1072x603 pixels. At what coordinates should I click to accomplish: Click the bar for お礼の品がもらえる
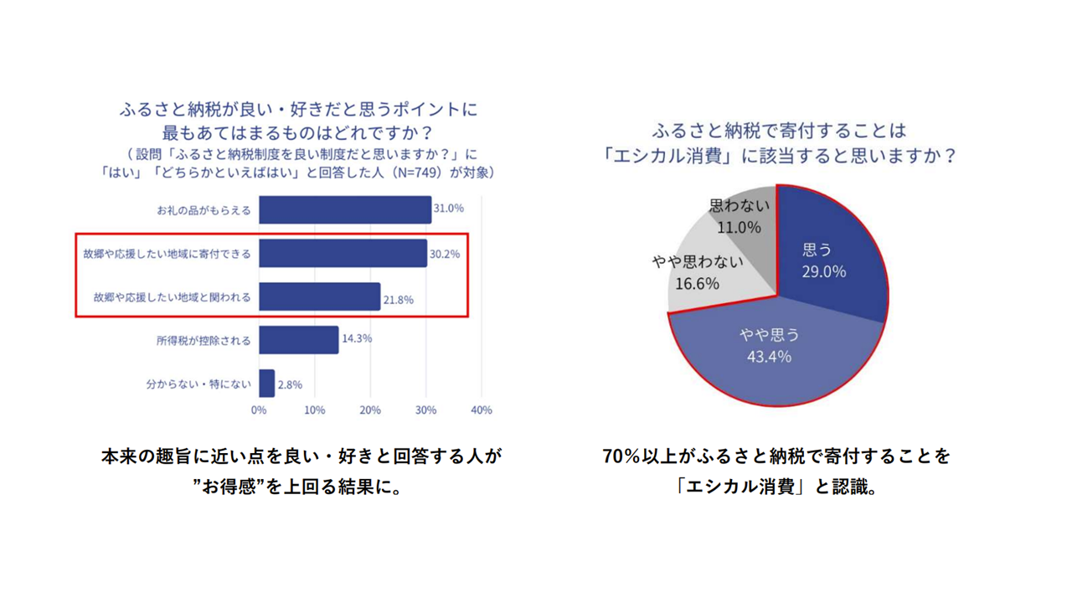344,209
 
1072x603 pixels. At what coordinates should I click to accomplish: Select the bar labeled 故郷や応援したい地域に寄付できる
343,253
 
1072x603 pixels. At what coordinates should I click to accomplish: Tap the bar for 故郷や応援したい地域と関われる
319,296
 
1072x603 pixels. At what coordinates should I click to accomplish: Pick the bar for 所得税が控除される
298,340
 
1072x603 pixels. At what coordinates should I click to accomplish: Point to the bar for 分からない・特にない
266,384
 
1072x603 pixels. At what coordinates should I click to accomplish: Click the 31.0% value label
448,209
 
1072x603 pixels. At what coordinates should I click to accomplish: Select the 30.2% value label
444,254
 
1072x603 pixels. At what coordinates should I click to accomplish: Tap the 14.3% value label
356,339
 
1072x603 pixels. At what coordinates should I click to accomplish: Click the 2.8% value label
290,385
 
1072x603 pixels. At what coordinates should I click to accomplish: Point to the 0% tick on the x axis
259,410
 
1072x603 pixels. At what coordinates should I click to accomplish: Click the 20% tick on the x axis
370,410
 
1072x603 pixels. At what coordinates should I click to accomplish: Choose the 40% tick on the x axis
482,410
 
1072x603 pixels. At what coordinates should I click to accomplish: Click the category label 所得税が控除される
204,341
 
